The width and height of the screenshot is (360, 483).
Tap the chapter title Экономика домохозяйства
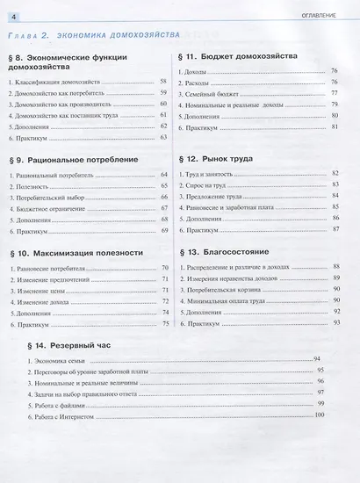click(119, 35)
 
